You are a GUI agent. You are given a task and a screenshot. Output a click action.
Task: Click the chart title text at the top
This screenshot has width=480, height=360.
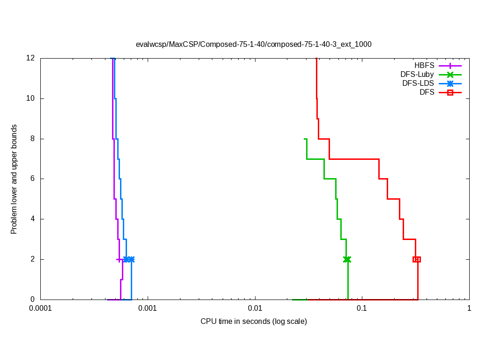pyautogui.click(x=253, y=45)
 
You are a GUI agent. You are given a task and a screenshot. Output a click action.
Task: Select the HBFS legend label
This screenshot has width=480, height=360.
pyautogui.click(x=424, y=66)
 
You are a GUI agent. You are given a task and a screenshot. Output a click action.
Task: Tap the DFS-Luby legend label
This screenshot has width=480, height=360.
pyautogui.click(x=417, y=75)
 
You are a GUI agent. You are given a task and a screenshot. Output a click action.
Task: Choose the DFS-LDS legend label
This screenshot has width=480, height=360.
pyautogui.click(x=418, y=83)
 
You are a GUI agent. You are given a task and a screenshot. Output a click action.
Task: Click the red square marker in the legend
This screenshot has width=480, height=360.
pyautogui.click(x=450, y=93)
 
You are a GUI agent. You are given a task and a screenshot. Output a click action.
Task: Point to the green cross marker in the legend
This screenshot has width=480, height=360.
pyautogui.click(x=450, y=75)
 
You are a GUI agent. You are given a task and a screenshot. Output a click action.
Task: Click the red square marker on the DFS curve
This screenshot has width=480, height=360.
pyautogui.click(x=416, y=259)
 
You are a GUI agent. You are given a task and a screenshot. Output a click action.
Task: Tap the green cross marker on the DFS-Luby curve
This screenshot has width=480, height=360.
pyautogui.click(x=347, y=259)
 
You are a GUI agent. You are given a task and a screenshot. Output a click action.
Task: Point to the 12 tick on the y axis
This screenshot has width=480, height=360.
pyautogui.click(x=31, y=58)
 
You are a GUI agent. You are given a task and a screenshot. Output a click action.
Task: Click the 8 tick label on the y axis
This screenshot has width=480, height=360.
pyautogui.click(x=33, y=139)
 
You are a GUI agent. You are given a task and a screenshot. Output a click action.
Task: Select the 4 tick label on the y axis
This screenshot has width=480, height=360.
pyautogui.click(x=33, y=219)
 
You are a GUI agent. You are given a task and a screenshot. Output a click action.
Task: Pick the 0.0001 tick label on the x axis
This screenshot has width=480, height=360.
pyautogui.click(x=40, y=309)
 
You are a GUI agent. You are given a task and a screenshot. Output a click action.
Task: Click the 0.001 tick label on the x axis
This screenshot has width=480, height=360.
pyautogui.click(x=148, y=309)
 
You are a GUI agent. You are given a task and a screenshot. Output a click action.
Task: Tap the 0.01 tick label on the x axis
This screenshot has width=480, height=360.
pyautogui.click(x=255, y=309)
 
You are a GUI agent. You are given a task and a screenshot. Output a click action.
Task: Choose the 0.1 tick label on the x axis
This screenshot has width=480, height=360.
pyautogui.click(x=362, y=309)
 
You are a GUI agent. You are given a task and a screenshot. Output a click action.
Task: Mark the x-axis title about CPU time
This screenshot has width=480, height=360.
pyautogui.click(x=254, y=322)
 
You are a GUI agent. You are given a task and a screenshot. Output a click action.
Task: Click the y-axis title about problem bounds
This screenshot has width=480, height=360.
pyautogui.click(x=14, y=179)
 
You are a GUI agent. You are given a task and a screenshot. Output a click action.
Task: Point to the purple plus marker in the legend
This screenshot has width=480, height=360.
pyautogui.click(x=450, y=66)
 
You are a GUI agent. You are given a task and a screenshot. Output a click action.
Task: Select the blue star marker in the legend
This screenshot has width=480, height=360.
pyautogui.click(x=450, y=83)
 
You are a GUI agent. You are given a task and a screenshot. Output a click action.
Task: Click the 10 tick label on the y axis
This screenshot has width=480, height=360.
pyautogui.click(x=31, y=98)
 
